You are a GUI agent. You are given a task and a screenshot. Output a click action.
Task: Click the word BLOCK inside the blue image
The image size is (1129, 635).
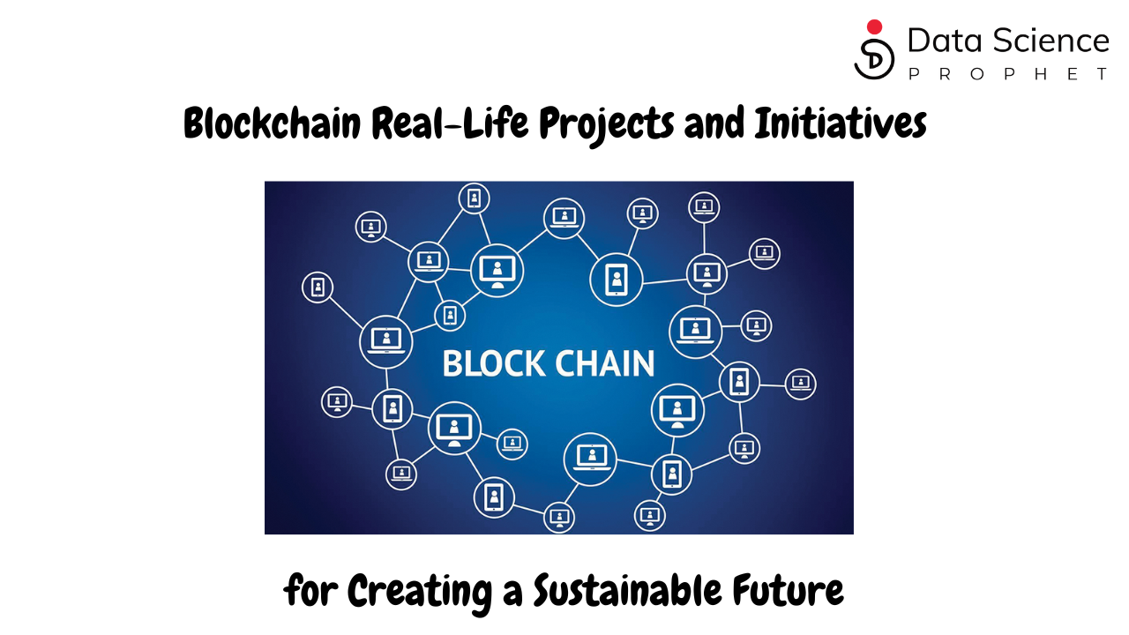point(490,363)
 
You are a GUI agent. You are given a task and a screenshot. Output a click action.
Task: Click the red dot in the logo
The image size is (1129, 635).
point(875,27)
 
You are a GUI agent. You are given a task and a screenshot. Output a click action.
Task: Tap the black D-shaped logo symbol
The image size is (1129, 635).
point(874,58)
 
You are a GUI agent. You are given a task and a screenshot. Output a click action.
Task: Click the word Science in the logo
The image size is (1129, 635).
point(1050,41)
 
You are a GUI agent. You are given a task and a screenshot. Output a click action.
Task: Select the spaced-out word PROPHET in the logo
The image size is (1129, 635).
point(1007,74)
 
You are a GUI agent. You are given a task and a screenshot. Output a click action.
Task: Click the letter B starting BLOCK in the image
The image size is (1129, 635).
point(452,363)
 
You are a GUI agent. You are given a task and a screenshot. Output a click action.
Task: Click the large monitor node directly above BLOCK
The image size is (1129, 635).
point(497,270)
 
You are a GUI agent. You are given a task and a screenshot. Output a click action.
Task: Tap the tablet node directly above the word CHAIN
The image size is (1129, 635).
point(616,279)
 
